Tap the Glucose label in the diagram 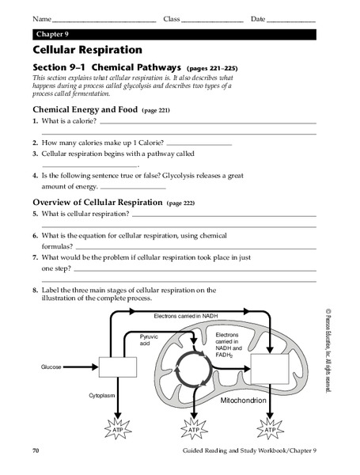coord(51,367)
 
